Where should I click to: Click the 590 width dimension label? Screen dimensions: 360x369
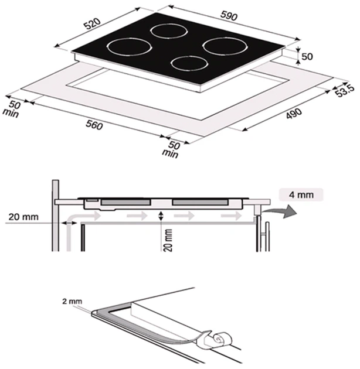tap(229, 16)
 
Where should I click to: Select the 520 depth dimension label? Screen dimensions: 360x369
tap(93, 23)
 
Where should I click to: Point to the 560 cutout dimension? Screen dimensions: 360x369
tap(94, 125)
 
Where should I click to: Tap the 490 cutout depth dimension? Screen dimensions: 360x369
tap(294, 114)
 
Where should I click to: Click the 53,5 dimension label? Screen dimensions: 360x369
tap(345, 91)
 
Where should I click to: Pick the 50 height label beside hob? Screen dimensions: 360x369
tap(307, 56)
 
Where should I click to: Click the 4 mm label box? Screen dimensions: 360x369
tap(301, 195)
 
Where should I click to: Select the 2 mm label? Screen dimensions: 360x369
tap(72, 301)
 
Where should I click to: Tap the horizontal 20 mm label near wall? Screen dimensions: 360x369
tap(23, 217)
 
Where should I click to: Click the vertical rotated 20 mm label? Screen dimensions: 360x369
tap(169, 240)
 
